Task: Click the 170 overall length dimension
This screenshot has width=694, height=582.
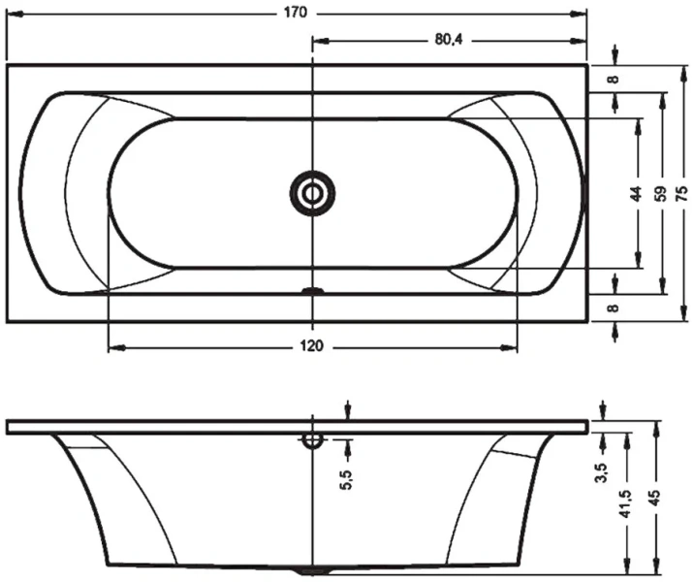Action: (297, 13)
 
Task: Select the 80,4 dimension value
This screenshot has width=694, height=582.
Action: (447, 40)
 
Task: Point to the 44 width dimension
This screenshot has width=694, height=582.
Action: (637, 193)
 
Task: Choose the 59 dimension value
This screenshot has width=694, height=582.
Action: (662, 193)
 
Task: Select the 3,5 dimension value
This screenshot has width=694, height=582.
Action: (602, 472)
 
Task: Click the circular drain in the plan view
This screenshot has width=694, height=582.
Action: (312, 192)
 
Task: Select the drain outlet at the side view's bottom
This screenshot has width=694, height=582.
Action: (311, 569)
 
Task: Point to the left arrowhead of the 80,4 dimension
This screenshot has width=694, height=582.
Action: (319, 40)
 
